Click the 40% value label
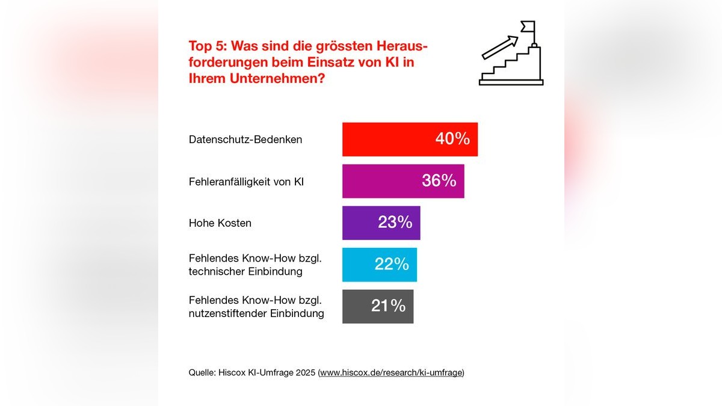(452, 140)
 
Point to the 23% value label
(395, 223)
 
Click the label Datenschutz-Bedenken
(245, 140)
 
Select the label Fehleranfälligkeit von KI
(246, 181)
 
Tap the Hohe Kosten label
(220, 223)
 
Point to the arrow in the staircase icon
(500, 46)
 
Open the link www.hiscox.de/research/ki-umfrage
(391, 373)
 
